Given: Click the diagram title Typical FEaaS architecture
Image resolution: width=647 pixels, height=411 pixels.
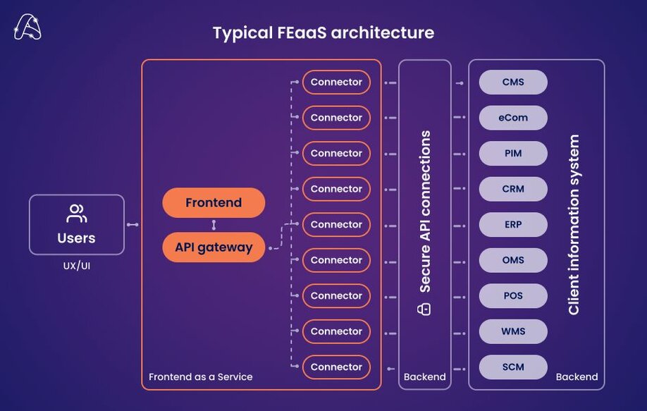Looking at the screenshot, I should [323, 32].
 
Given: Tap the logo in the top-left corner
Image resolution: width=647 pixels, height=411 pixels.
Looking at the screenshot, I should [27, 27].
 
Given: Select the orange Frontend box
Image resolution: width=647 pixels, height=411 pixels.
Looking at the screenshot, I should [214, 203].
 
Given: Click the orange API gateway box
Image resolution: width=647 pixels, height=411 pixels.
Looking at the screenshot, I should [214, 247].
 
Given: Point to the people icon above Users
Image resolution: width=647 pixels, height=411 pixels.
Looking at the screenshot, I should [76, 214].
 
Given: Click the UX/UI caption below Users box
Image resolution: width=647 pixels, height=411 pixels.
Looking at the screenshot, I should [76, 266].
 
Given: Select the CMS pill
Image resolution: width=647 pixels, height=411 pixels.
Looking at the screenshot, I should [513, 82].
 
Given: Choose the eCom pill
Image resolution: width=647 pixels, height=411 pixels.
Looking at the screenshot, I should [513, 118].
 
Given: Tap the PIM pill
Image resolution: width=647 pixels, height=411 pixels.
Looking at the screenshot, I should [513, 153].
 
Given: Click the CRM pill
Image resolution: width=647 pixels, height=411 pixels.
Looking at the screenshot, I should [513, 189].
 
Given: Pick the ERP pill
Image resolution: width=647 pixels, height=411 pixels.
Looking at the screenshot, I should [513, 224].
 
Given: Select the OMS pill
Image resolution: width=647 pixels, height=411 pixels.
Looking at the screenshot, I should [513, 260].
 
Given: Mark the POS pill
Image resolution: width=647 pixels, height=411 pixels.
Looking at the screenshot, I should [513, 295].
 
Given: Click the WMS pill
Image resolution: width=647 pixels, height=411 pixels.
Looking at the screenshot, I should [513, 331].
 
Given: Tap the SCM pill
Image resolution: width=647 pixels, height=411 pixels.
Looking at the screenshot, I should [513, 367].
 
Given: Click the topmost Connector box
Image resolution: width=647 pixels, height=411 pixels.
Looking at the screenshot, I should [336, 82].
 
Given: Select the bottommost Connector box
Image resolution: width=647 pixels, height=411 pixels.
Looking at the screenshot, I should [336, 367].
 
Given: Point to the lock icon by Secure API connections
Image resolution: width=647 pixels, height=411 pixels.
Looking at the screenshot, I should [424, 309].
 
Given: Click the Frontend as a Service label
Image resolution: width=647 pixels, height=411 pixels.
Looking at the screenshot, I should [200, 377].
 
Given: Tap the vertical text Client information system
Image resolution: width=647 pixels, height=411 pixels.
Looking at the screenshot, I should [574, 224].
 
